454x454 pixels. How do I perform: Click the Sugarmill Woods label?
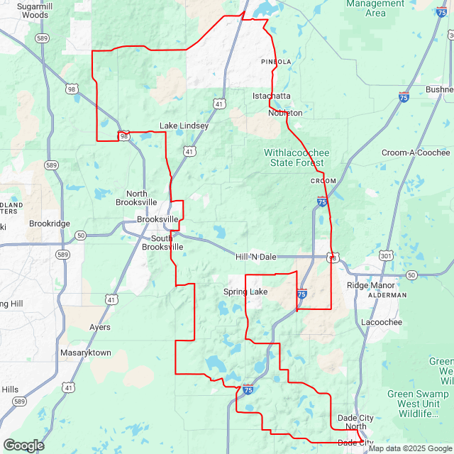pos(31,10)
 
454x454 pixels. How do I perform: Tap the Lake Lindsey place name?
pos(184,126)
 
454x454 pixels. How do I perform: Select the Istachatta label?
pos(272,96)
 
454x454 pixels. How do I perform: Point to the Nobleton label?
pos(285,113)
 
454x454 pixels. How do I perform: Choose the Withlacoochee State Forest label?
pos(297,157)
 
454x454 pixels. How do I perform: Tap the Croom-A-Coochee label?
pos(416,153)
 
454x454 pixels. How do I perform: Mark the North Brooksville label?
pos(136,198)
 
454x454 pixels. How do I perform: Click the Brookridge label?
pos(50,223)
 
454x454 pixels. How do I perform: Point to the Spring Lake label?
pos(245,292)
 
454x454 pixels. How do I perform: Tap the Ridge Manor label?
pos(369,285)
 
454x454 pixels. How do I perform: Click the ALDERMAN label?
pos(387,295)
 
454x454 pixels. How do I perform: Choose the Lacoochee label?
pos(382,322)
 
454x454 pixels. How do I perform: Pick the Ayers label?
pos(99,328)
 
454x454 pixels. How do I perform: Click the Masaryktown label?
pos(86,353)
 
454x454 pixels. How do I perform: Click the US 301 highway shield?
pos(386,255)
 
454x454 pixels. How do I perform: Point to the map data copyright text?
pos(409,448)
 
